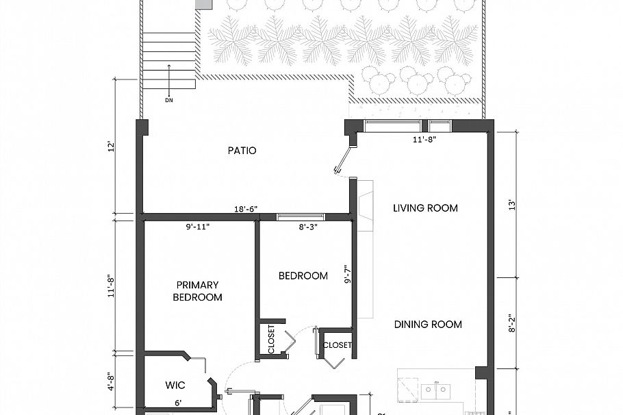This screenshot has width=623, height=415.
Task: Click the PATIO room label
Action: pos(242,151)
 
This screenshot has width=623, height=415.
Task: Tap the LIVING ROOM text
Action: pos(425,208)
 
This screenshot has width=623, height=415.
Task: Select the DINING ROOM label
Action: pos(428,325)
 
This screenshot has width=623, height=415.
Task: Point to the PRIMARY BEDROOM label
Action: pos(197,291)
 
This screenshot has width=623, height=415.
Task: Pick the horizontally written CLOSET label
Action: pos(337,345)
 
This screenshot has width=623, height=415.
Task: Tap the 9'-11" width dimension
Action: pos(198,227)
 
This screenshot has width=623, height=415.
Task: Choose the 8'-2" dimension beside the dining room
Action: pos(510,323)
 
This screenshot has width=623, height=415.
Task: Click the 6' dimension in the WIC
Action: pos(177,404)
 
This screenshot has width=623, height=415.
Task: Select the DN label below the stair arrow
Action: pos(169,101)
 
